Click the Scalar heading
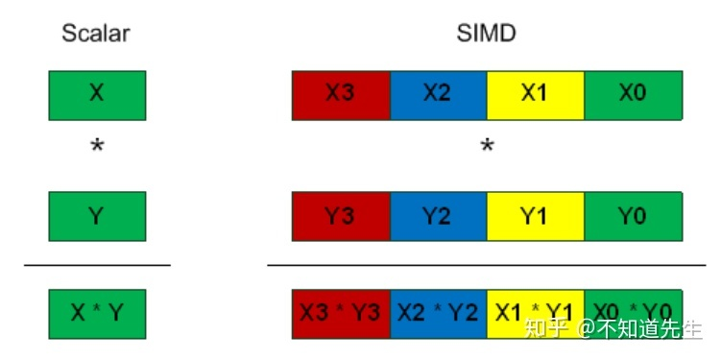96,34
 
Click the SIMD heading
488,34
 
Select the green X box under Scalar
96,94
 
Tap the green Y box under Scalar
96,216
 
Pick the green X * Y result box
96,312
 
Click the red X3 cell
341,94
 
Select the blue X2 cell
438,94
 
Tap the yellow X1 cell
535,94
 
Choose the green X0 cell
633,94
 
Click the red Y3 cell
341,216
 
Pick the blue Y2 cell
438,216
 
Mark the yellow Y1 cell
535,216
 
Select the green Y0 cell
633,216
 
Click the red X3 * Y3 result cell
341,312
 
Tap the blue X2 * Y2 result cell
438,312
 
